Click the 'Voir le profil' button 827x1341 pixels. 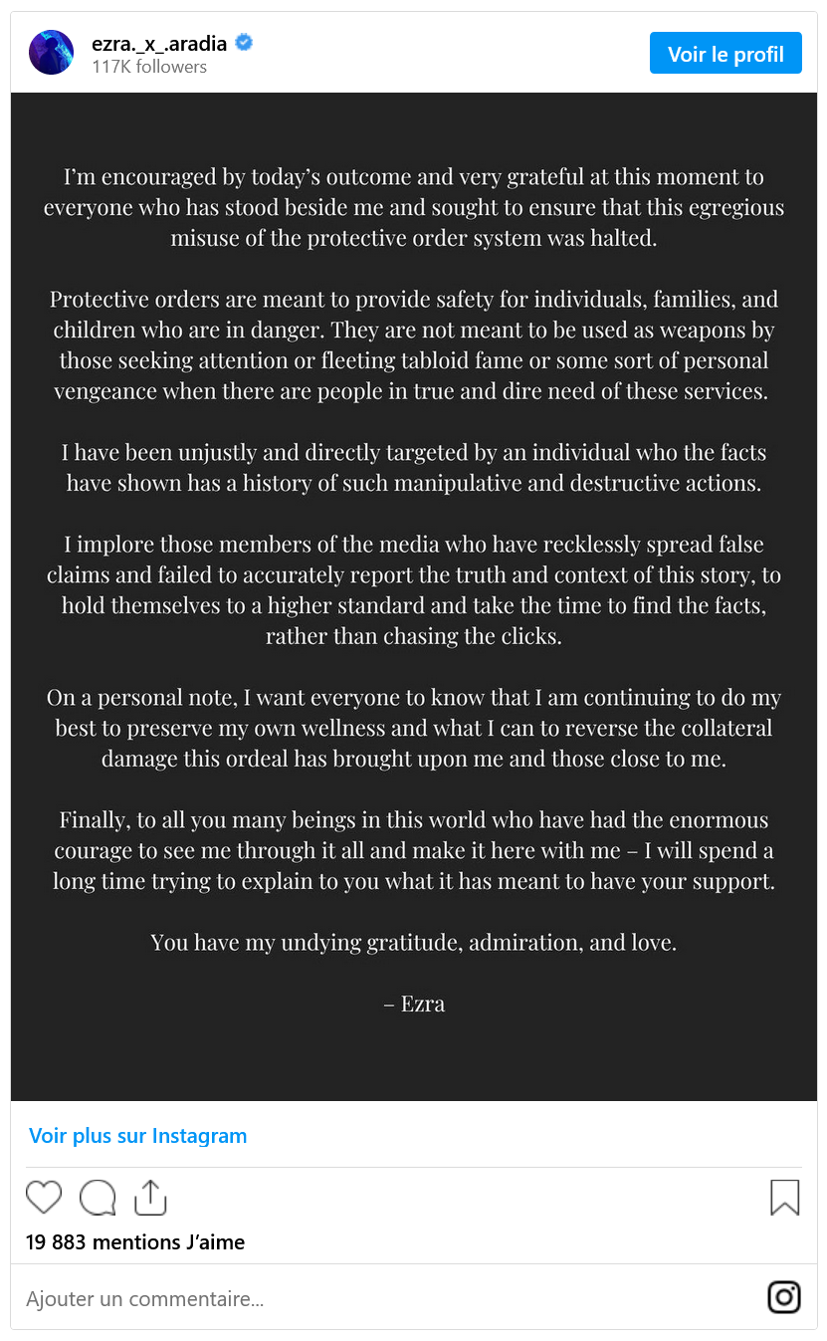[725, 54]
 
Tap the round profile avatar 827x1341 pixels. [51, 53]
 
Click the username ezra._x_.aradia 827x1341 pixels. [159, 43]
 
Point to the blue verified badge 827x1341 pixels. [243, 43]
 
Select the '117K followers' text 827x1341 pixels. [149, 67]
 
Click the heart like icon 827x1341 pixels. [44, 1197]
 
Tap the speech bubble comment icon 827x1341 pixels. [98, 1198]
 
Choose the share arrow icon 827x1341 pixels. [150, 1197]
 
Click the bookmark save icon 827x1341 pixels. [784, 1198]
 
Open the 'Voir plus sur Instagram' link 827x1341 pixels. [137, 1136]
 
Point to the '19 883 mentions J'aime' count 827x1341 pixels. [134, 1241]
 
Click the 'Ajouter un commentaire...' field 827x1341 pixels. [145, 1298]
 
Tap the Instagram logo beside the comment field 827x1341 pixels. [784, 1297]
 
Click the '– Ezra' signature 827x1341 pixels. [414, 1004]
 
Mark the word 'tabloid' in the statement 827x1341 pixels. [437, 360]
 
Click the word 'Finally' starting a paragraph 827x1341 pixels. [95, 820]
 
